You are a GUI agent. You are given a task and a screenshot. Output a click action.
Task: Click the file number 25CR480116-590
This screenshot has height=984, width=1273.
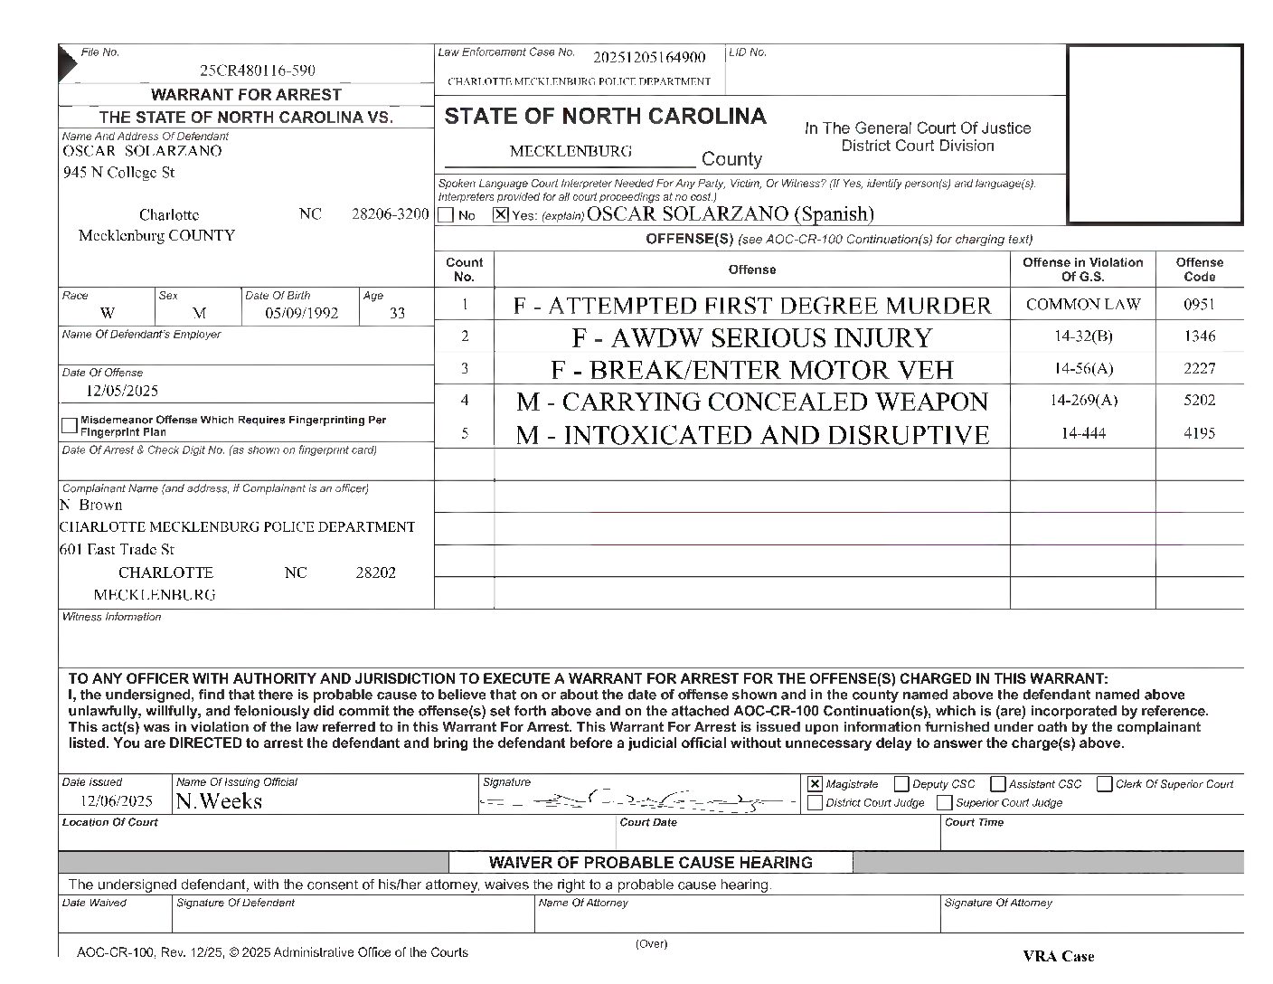coord(258,71)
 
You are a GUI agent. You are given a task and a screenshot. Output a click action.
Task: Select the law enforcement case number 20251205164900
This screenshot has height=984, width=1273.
coord(649,58)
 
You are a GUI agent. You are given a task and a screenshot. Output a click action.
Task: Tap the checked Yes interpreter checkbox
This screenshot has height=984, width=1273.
coord(500,215)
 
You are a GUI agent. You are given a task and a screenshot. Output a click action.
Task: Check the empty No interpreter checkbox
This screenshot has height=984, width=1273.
coord(446,216)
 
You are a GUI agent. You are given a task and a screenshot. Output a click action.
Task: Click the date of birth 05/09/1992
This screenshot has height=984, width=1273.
coord(301,314)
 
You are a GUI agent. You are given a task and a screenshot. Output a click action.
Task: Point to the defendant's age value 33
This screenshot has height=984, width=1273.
coord(397,314)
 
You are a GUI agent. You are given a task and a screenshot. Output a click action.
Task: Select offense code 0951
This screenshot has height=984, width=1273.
coord(1199,305)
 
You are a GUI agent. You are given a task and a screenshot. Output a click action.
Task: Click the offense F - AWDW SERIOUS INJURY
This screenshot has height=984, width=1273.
coord(751,338)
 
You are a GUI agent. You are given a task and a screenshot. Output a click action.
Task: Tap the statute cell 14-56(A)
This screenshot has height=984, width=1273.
coord(1083,369)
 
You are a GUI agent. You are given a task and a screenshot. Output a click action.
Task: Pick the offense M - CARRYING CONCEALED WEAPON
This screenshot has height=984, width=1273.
coord(751,402)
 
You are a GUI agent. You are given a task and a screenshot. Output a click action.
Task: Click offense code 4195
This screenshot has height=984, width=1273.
coord(1199,433)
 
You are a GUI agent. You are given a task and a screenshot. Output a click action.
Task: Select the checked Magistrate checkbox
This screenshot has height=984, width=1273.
coord(816,784)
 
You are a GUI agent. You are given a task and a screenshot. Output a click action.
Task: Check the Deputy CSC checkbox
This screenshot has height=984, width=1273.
coord(901,784)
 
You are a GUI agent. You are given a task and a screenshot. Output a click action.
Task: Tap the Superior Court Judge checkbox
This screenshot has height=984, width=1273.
coord(945,803)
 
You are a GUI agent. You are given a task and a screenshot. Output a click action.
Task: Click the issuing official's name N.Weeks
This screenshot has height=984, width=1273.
coord(219,801)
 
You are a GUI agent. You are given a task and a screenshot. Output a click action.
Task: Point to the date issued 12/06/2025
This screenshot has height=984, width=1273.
coord(116,801)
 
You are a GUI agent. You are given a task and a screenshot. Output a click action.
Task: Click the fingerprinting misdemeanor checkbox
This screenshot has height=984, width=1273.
coord(70,425)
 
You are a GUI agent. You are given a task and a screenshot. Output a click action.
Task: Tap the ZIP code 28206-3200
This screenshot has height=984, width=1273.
coord(390,215)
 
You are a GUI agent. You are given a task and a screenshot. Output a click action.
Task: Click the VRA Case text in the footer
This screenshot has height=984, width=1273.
coord(1058,956)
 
